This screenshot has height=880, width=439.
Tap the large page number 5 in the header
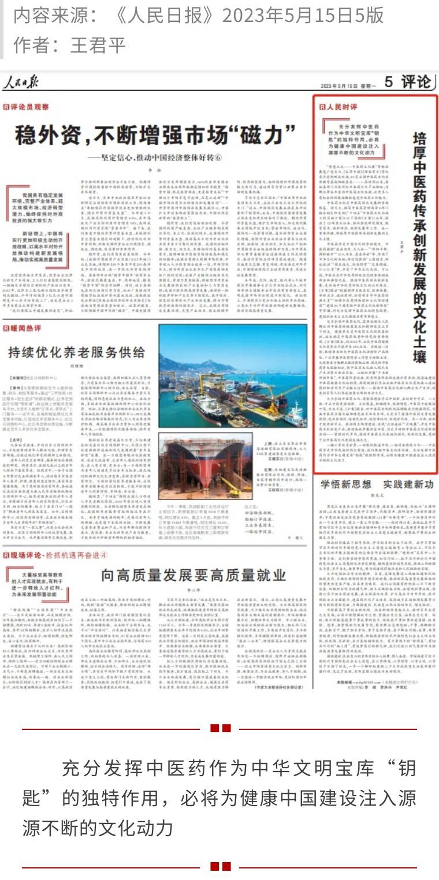(389, 82)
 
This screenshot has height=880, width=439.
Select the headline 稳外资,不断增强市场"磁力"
(155, 134)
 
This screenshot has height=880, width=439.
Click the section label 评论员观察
(27, 107)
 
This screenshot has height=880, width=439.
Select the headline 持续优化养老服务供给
(76, 353)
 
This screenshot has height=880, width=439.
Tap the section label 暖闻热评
(23, 328)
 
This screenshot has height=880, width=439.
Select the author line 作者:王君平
(69, 44)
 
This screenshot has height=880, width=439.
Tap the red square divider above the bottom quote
(220, 728)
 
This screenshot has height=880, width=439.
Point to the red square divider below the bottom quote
(220, 866)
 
